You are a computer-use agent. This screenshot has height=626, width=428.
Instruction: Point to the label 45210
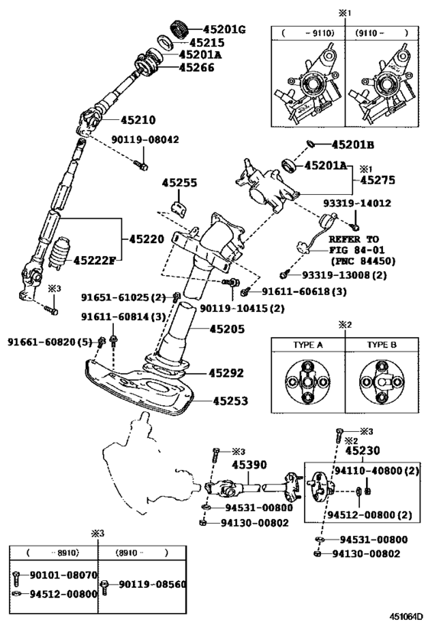tap(138, 119)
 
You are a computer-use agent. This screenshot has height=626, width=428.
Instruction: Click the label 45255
tap(180, 183)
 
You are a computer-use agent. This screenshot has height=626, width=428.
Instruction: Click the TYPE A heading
tap(308, 345)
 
